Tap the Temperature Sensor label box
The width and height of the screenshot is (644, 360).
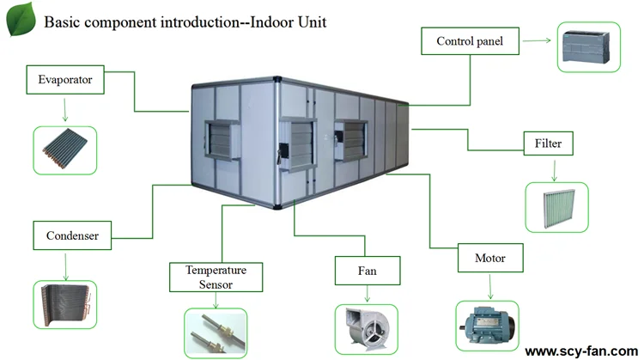point(210,277)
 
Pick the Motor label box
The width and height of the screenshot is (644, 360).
point(490,258)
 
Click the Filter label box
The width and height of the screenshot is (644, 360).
point(548,143)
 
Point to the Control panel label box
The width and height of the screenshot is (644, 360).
point(470,40)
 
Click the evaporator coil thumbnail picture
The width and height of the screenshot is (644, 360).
point(64,150)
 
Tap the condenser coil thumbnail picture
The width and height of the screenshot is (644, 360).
point(64,303)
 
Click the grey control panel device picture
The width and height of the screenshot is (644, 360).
point(594,46)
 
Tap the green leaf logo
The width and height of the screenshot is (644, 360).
point(19,19)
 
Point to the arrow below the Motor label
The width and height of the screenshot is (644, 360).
point(490,284)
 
